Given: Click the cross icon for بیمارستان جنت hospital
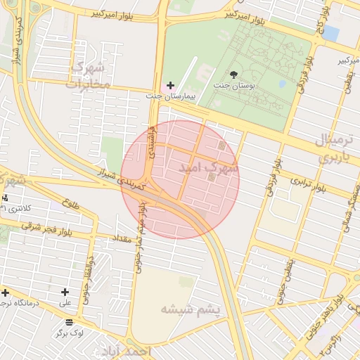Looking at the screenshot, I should (x=170, y=85).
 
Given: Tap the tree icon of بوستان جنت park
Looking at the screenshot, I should (x=233, y=74).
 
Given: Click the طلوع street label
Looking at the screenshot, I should (x=70, y=203).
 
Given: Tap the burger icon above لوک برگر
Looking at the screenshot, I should (x=68, y=322).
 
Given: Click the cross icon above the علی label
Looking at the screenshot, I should (x=65, y=292).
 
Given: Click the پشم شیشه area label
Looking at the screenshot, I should (x=191, y=309).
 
